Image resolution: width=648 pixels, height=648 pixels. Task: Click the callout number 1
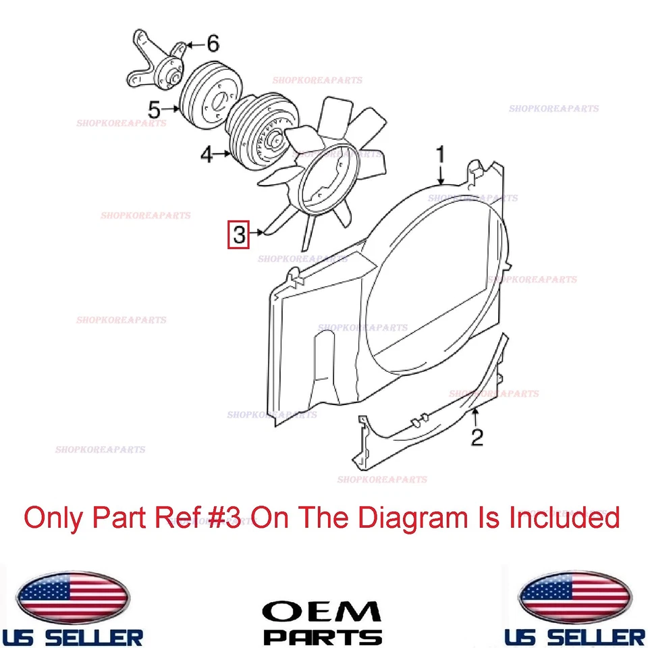440,155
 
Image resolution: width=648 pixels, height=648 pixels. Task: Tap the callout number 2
477,437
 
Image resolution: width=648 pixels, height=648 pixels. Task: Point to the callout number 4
207,155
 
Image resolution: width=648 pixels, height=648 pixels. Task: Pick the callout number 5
155,108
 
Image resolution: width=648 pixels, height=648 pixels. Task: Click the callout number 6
213,45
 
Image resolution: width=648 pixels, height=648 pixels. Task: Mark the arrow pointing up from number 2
477,415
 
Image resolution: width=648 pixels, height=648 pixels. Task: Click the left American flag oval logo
72,597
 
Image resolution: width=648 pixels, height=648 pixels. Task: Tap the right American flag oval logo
574,597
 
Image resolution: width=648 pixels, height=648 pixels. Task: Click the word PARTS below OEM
322,637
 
